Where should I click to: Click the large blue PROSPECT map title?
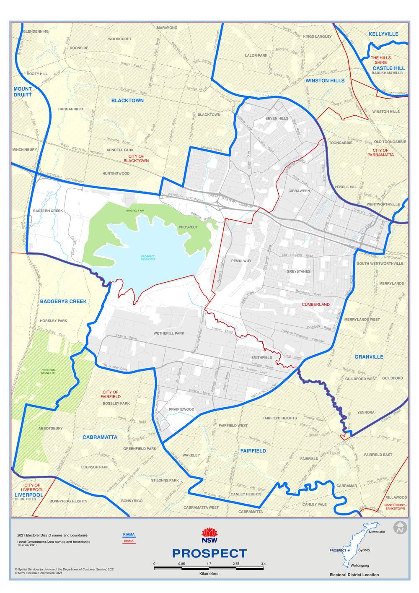point(209,553)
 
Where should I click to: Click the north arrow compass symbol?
point(400,528)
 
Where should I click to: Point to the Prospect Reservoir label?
point(148,258)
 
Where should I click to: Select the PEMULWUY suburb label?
point(241,261)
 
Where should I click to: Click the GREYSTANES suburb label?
point(299,271)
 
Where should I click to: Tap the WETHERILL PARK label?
point(169,333)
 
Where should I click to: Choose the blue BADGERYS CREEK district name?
point(63,302)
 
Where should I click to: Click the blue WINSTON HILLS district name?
point(325,81)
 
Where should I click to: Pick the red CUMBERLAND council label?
point(316,304)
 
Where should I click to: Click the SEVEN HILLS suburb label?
point(277,118)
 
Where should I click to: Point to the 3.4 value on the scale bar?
point(263,564)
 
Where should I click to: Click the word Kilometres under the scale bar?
point(209,573)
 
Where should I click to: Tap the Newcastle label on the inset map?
point(377,532)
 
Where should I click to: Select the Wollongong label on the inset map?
point(360,565)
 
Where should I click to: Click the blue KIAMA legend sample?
point(129,534)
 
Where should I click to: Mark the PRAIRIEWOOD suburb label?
point(181,409)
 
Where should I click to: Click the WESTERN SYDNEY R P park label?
point(49,372)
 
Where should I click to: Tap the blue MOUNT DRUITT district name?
point(23,91)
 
